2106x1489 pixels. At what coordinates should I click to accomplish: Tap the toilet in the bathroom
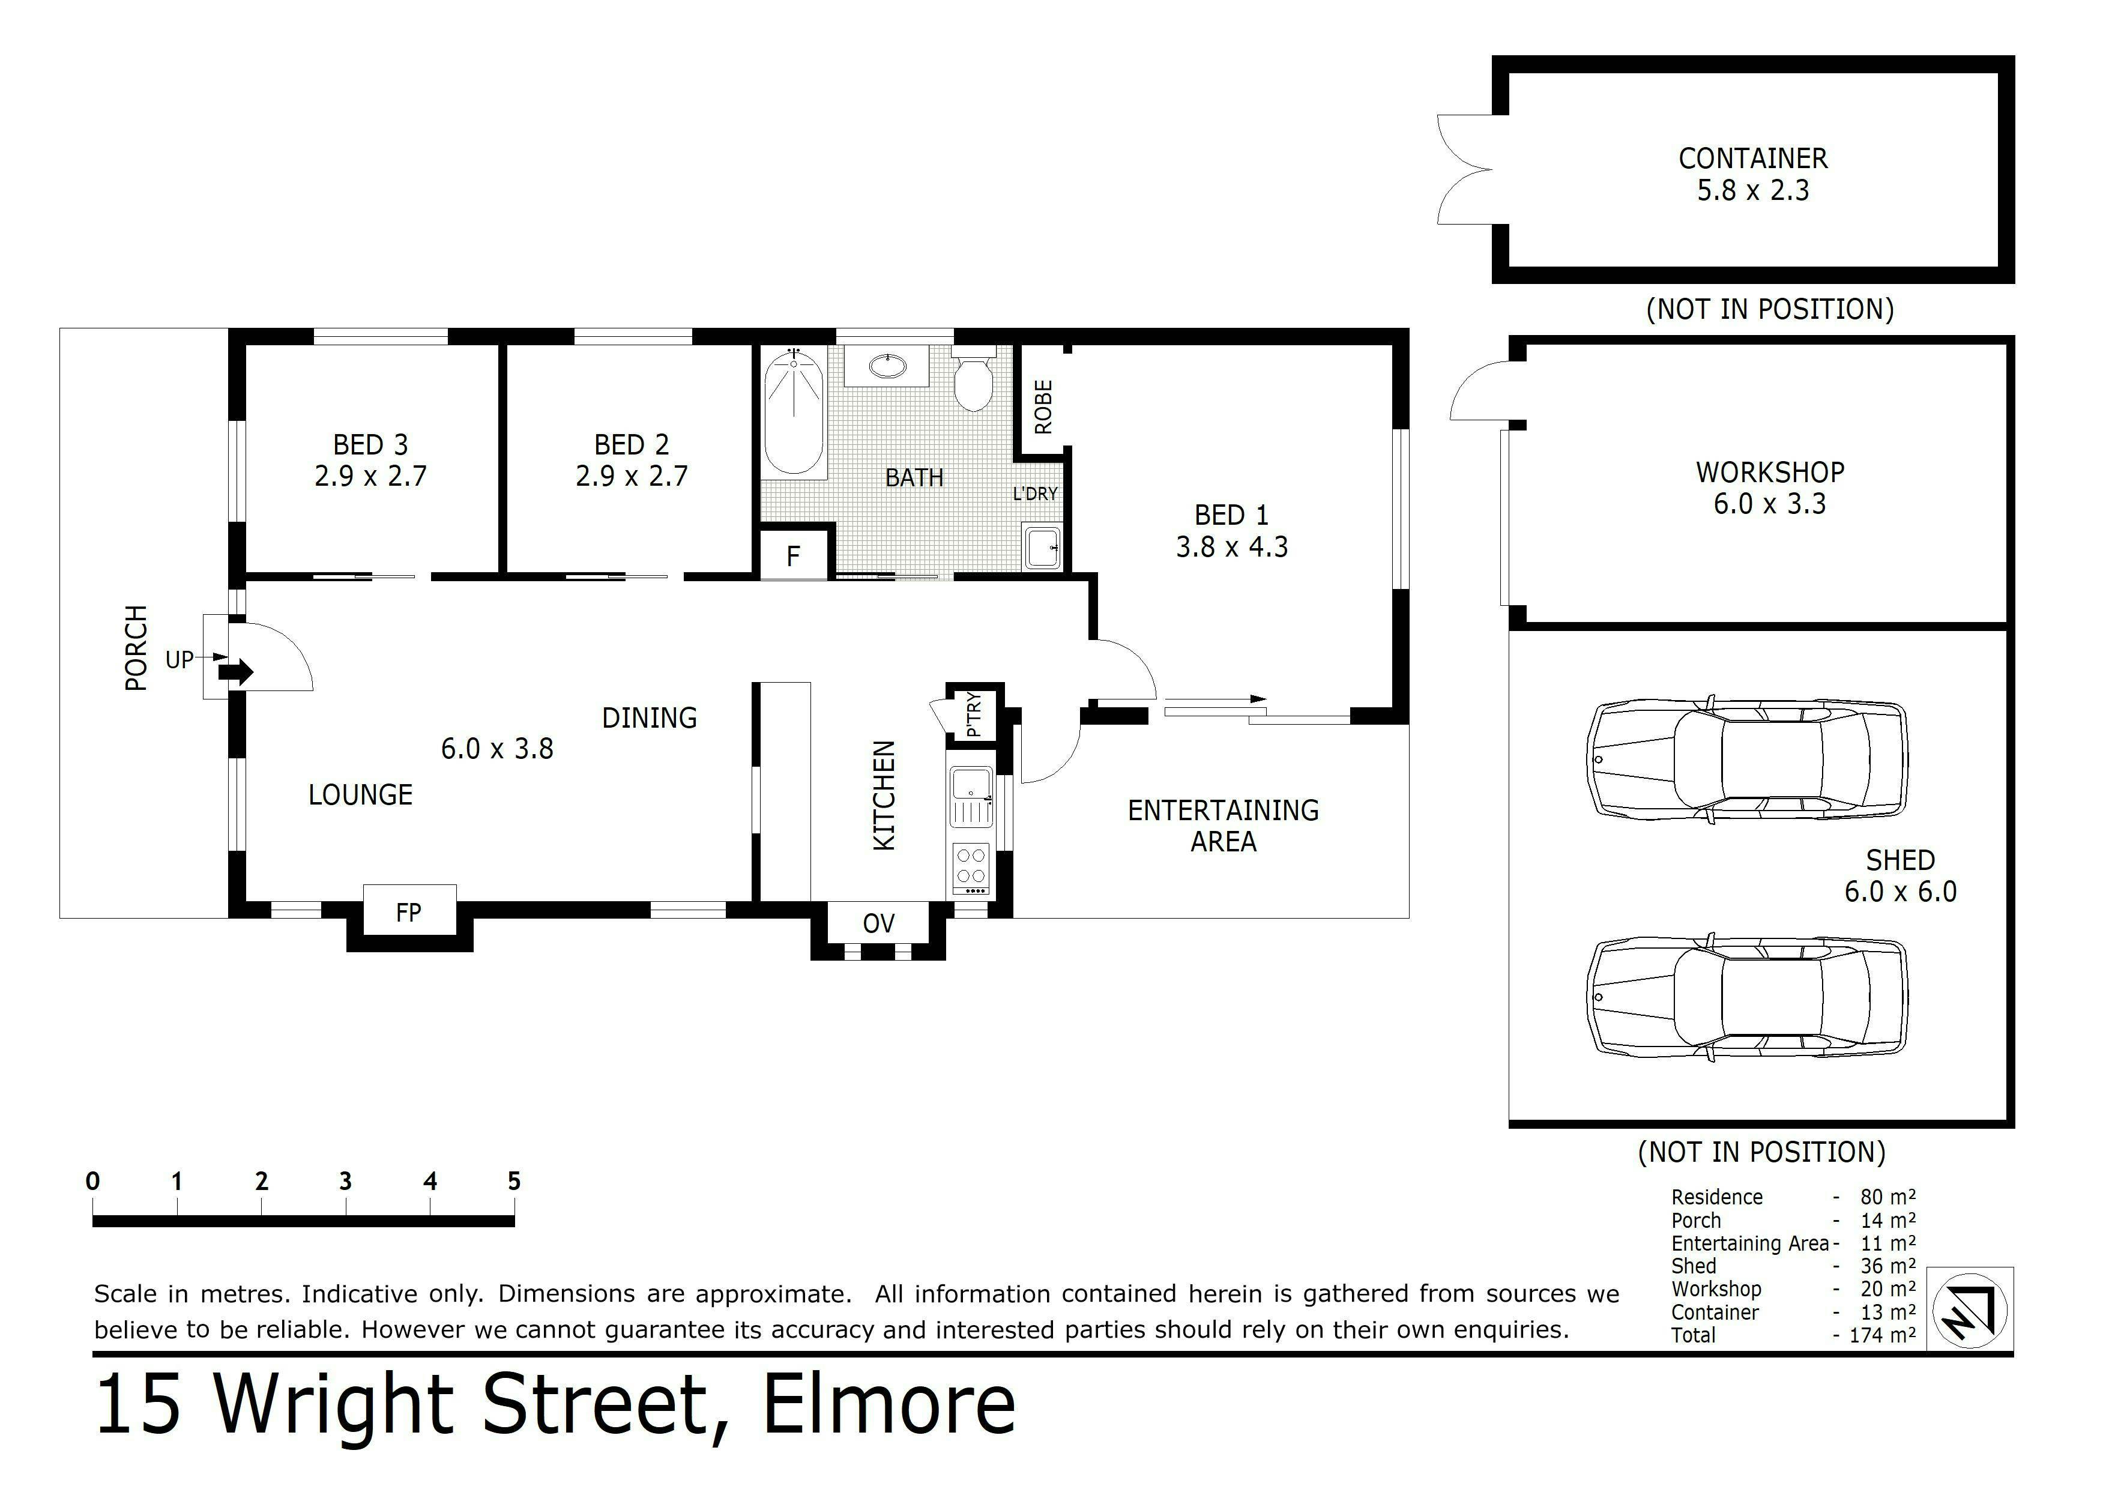click(973, 378)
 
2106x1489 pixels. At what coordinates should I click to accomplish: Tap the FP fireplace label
click(408, 912)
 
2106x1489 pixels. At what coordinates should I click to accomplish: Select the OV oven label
click(879, 923)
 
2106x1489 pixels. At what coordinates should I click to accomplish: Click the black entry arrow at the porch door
click(236, 672)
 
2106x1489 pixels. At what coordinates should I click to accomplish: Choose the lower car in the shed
click(1748, 997)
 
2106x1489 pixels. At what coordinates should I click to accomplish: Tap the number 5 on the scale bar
click(514, 1182)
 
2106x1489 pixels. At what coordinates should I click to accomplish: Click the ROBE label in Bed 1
click(1043, 407)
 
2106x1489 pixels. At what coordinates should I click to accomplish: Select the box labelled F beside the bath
click(794, 554)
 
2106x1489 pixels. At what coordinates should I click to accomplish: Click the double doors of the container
click(1466, 170)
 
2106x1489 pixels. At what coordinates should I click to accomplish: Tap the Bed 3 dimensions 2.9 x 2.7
click(370, 476)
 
